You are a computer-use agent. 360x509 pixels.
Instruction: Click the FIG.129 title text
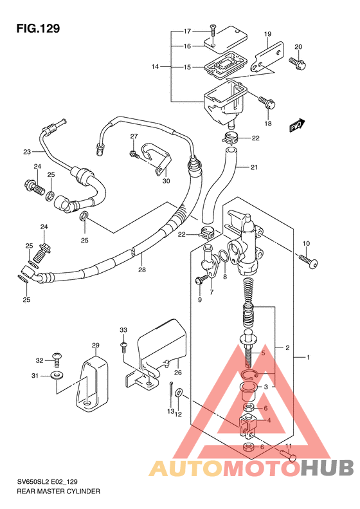click(x=39, y=28)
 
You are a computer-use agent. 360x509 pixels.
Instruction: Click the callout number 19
click(x=267, y=33)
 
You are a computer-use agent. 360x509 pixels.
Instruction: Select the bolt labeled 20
click(x=298, y=62)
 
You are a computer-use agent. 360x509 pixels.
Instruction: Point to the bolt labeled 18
click(x=267, y=102)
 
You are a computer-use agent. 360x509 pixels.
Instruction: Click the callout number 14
click(x=155, y=66)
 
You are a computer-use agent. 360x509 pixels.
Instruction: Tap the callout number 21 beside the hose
click(x=254, y=167)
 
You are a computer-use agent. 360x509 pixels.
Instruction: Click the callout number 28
click(x=141, y=270)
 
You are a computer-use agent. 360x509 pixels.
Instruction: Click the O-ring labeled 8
click(x=223, y=257)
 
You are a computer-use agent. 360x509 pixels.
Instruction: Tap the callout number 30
click(x=166, y=181)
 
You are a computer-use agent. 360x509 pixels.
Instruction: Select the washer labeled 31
click(x=57, y=376)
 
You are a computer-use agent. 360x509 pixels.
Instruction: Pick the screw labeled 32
click(x=57, y=359)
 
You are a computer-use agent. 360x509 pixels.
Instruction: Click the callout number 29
click(x=95, y=345)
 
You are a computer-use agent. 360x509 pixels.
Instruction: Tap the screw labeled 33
click(x=123, y=347)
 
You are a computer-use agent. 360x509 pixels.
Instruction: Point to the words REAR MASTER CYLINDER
click(x=59, y=491)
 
